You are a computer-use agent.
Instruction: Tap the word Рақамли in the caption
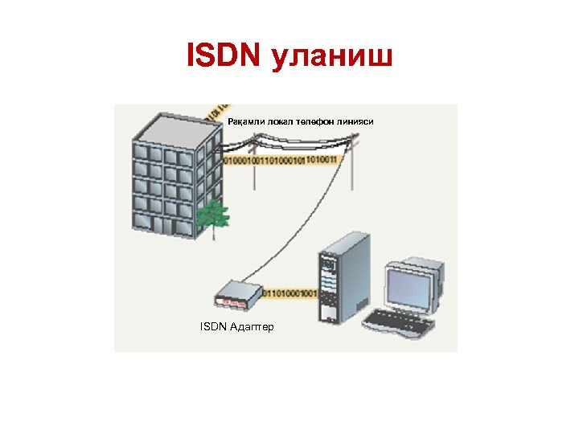pos(246,121)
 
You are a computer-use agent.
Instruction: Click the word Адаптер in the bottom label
pos(252,327)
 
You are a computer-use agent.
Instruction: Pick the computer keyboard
pos(399,323)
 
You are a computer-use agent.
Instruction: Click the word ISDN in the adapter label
pos(212,327)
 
